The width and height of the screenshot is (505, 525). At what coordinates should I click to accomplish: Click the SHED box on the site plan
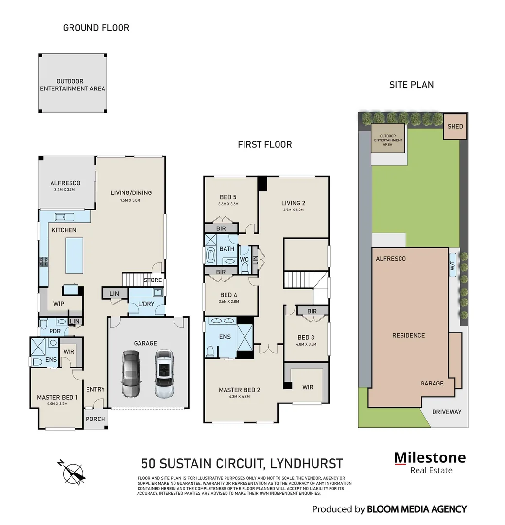tap(455, 127)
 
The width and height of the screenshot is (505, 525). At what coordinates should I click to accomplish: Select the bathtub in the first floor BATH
tap(211, 255)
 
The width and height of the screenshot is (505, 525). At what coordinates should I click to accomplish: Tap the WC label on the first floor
tap(244, 260)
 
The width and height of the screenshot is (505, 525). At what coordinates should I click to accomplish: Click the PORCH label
tap(95, 419)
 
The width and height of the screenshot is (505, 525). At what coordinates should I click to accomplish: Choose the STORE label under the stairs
tap(152, 280)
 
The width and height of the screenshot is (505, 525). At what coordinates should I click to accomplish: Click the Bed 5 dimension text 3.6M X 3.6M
tap(228, 205)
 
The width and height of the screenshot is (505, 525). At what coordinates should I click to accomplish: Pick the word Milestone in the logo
tap(429, 458)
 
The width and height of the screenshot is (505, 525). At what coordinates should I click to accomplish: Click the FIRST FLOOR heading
tap(264, 145)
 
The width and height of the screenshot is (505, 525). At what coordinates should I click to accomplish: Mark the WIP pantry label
tap(59, 304)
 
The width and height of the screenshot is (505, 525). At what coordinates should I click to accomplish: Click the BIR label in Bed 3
tap(312, 311)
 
